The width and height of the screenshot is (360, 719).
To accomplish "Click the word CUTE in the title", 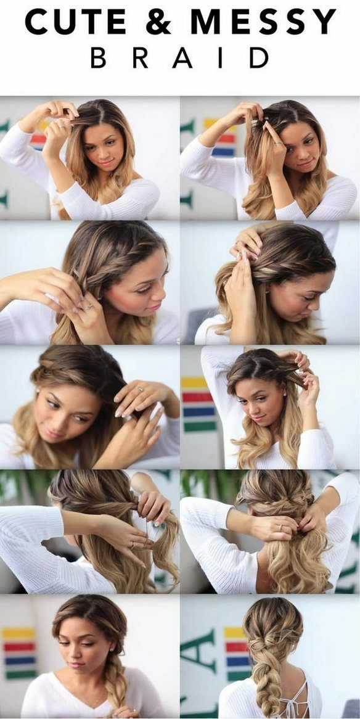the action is (75, 22).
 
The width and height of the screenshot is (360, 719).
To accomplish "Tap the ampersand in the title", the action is (158, 22).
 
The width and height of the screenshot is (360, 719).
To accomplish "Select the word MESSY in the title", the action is (263, 22).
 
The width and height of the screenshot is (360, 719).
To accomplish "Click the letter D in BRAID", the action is (259, 58).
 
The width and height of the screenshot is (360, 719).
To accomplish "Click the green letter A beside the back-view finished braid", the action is (200, 652).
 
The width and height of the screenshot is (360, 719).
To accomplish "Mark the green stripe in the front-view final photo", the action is (18, 674).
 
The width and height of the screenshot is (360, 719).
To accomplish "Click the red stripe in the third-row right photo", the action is (198, 397).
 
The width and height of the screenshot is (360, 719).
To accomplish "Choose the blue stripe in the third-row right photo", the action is (198, 412).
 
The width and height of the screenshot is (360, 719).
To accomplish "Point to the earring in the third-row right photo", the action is (285, 394).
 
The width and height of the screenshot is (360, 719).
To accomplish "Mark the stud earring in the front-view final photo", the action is (111, 650).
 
